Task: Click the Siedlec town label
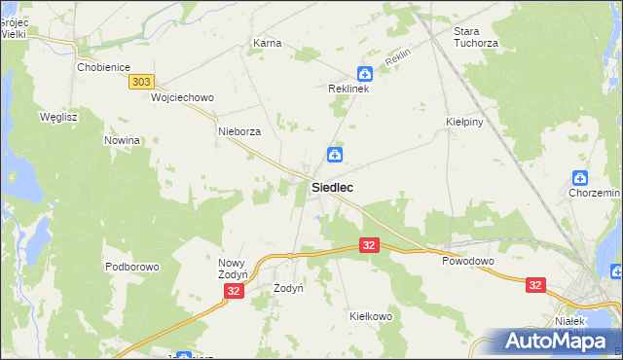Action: pos(332,187)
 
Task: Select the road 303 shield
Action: pos(141,84)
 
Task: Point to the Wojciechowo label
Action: pos(182,98)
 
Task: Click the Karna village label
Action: pos(267,44)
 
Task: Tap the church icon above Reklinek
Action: pos(364,73)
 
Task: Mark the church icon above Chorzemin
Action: pos(580,177)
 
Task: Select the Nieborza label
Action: pos(239,131)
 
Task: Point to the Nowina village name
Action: pos(122,140)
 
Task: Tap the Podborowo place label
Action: pos(131,267)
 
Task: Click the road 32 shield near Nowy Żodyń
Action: pos(233,291)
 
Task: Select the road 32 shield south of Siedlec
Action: pos(368,247)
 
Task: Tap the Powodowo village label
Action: pos(468,262)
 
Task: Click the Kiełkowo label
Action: pos(370,316)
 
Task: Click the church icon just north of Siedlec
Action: pos(334,155)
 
